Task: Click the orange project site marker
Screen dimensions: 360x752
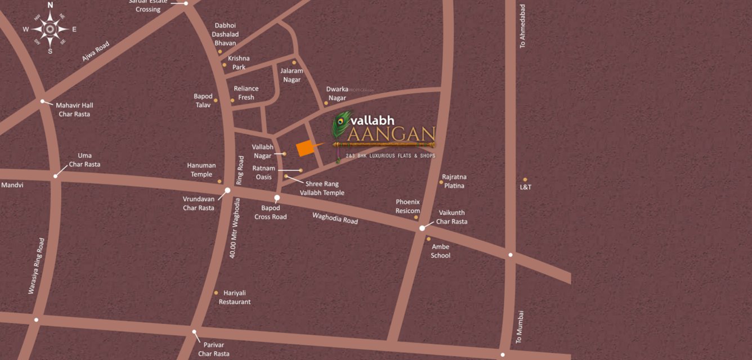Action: pos(305,147)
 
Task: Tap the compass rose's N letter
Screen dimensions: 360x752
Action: pos(50,5)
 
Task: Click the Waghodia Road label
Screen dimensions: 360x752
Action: pos(335,218)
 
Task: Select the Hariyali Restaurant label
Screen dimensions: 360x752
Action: pos(235,298)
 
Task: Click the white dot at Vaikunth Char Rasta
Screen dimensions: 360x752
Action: pos(422,228)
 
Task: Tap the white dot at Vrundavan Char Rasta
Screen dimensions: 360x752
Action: pos(228,191)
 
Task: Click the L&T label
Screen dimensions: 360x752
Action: pos(525,187)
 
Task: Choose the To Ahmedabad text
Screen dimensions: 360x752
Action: pos(522,26)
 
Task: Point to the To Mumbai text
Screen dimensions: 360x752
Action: pos(520,327)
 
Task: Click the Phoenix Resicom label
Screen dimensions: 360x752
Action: pos(408,206)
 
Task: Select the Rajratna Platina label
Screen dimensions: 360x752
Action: pos(454,181)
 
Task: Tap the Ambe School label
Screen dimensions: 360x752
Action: pos(440,251)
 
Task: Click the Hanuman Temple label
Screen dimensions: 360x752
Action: pos(202,170)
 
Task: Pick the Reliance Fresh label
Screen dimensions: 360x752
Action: pos(246,93)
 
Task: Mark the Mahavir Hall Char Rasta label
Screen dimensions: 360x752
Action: pos(74,110)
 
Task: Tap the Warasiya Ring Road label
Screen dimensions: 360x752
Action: pos(36,265)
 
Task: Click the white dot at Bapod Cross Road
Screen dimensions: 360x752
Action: pos(277,198)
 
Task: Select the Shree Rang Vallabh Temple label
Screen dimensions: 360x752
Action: pos(322,188)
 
